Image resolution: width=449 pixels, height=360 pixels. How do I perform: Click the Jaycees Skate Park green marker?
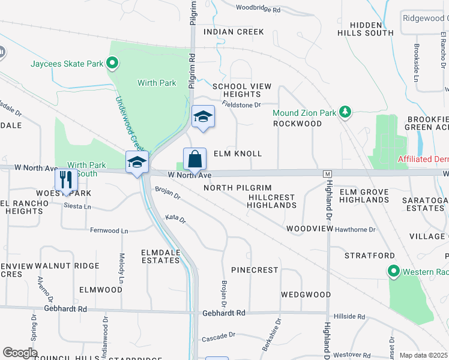pyautogui.click(x=112, y=62)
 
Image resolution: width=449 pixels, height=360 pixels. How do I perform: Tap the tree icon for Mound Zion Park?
pyautogui.click(x=345, y=112)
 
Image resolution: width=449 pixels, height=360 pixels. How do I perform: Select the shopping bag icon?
pyautogui.click(x=194, y=160)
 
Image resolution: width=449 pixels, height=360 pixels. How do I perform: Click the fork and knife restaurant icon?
pyautogui.click(x=66, y=179)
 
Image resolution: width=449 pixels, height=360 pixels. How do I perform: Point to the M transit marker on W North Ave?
pyautogui.click(x=327, y=173)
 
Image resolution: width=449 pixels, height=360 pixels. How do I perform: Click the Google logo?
pyautogui.click(x=20, y=353)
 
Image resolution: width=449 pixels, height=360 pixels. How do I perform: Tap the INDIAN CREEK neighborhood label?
pyautogui.click(x=234, y=31)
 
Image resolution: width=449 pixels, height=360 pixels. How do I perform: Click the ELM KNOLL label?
pyautogui.click(x=238, y=154)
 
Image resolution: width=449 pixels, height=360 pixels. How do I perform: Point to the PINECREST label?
pyautogui.click(x=255, y=270)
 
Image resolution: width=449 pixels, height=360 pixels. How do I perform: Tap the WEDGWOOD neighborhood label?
pyautogui.click(x=306, y=295)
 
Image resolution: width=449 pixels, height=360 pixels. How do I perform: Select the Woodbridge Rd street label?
pyautogui.click(x=258, y=10)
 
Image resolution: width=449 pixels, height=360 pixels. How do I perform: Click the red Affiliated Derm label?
pyautogui.click(x=423, y=159)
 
